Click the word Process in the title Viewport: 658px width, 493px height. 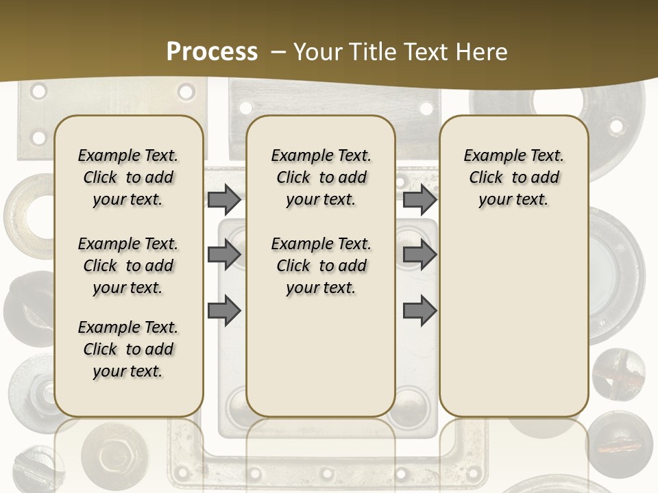point(212,52)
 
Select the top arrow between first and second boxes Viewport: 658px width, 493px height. point(224,199)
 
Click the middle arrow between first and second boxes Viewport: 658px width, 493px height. point(224,255)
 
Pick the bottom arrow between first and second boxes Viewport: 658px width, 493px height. point(224,311)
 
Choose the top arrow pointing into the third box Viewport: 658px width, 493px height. point(419,199)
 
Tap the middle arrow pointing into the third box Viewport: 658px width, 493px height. point(419,255)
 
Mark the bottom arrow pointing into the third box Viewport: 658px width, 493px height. point(419,311)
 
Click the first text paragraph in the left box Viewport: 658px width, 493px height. point(128,177)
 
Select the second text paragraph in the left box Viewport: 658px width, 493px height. point(128,266)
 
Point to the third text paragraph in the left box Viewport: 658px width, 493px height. point(128,349)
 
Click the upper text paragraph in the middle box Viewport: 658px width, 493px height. point(321,177)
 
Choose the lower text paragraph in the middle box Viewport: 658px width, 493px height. point(321,266)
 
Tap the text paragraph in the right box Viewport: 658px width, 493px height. point(513,177)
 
